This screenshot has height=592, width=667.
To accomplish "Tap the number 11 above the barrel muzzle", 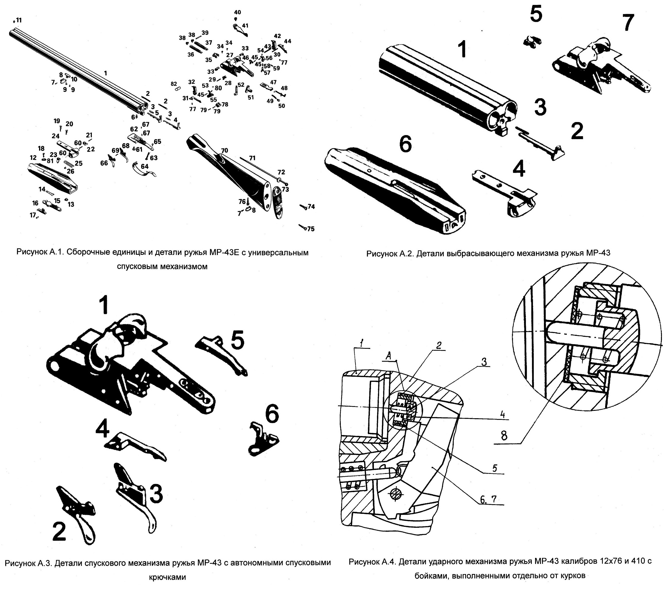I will point(19,20).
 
